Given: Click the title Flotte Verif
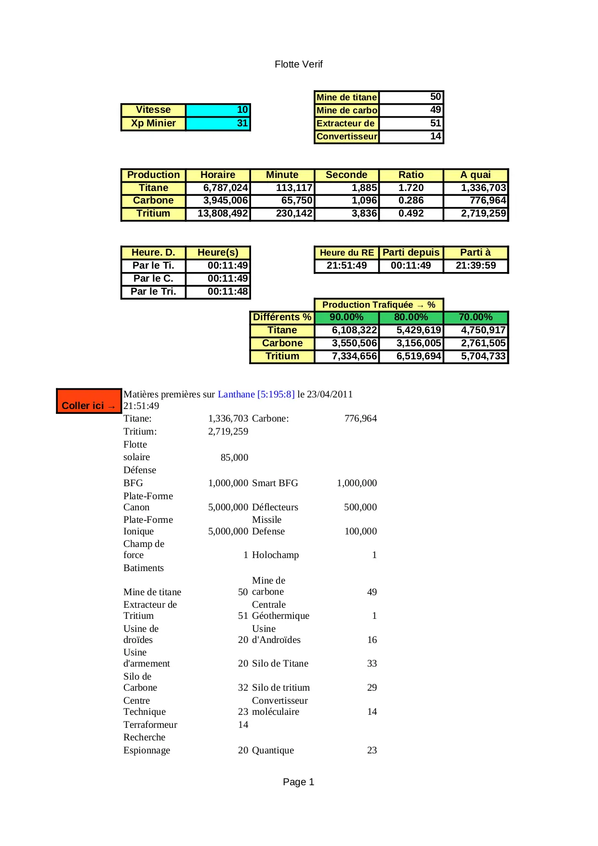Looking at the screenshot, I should tap(298, 64).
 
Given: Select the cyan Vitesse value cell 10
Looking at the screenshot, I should tap(218, 110).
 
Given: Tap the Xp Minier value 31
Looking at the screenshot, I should tap(218, 123).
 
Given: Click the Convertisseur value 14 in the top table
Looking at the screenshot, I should tap(411, 136).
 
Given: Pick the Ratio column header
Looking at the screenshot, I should tap(411, 175).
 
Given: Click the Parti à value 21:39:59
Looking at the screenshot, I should tap(476, 265).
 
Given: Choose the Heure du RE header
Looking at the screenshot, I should tap(346, 253).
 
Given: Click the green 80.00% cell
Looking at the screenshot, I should tap(411, 317).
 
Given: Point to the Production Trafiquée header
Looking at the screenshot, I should tap(378, 305).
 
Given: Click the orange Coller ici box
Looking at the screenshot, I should tap(89, 401).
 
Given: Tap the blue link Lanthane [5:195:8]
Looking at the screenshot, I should tap(256, 394).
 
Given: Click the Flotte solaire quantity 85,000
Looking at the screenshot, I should tap(234, 457).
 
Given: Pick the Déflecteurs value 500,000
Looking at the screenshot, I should tap(360, 507).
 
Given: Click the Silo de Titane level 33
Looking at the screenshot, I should tap(372, 663).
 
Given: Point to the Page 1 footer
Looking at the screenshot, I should tap(298, 782).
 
